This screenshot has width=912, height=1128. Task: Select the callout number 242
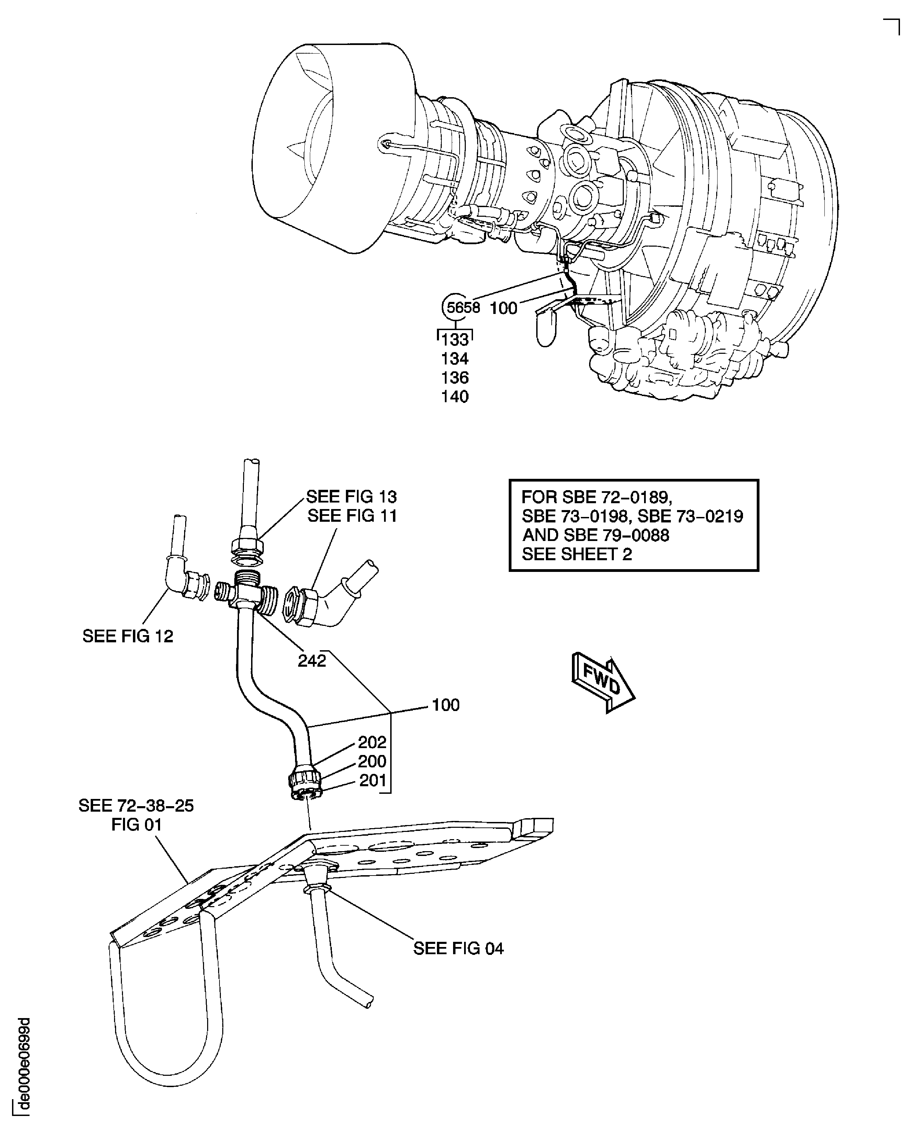pyautogui.click(x=312, y=661)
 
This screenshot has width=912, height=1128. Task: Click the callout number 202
pyautogui.click(x=372, y=742)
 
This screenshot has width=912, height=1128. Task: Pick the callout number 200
pyautogui.click(x=372, y=761)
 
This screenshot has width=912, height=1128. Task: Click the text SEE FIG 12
pyautogui.click(x=128, y=636)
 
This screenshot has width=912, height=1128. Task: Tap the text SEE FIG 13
pyautogui.click(x=351, y=496)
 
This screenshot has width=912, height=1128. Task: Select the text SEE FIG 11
pyautogui.click(x=352, y=516)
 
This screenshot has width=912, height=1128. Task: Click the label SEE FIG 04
pyautogui.click(x=458, y=948)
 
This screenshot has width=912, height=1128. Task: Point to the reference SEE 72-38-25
pyautogui.click(x=136, y=806)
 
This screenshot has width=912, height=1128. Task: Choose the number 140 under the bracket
pyautogui.click(x=454, y=397)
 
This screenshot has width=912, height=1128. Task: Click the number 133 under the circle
pyautogui.click(x=454, y=340)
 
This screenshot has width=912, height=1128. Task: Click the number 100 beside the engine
pyautogui.click(x=503, y=308)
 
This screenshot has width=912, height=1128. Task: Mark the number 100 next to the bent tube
pyautogui.click(x=446, y=705)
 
